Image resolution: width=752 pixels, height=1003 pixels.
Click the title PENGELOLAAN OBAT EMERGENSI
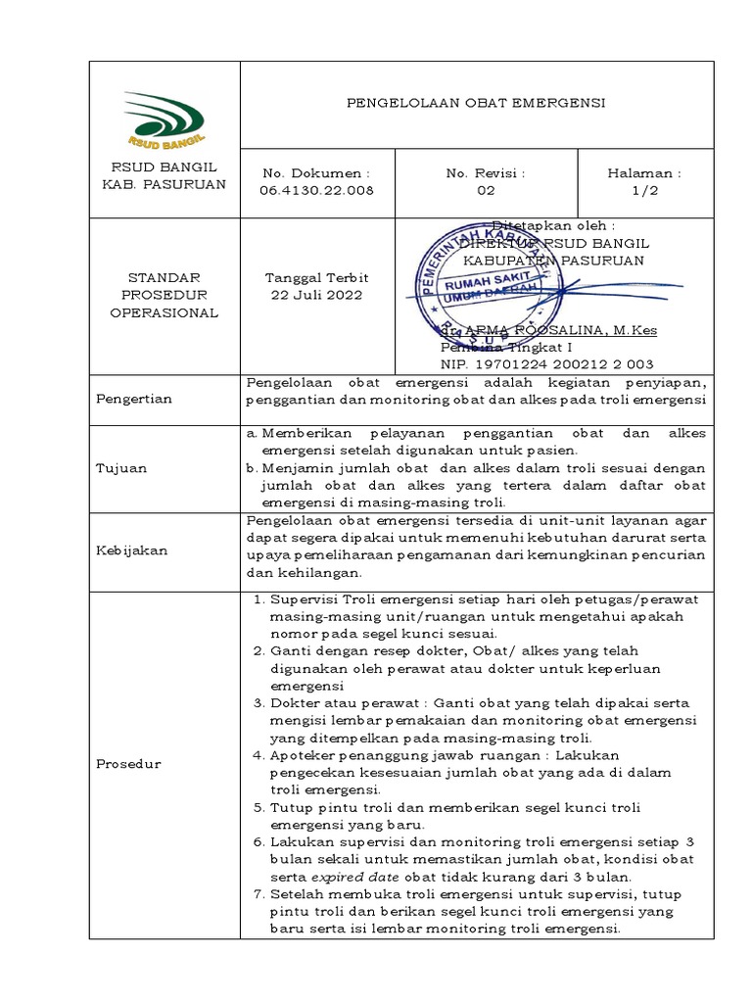tap(477, 103)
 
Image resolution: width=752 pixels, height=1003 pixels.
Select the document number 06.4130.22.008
tap(316, 191)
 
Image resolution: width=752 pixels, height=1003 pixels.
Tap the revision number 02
tap(486, 191)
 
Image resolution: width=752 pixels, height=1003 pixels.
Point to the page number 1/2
tap(644, 191)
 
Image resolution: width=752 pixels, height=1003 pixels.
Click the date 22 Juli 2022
tap(315, 295)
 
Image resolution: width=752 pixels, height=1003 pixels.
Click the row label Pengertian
tap(133, 399)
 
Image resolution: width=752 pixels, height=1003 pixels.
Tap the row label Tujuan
tap(121, 467)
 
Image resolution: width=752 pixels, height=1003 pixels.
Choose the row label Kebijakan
tap(131, 550)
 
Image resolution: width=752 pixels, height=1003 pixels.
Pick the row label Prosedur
tap(129, 763)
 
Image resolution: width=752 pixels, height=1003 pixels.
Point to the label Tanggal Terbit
tap(315, 277)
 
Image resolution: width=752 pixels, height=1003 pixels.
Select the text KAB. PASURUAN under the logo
tap(164, 183)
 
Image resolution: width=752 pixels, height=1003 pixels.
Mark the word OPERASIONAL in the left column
tap(164, 312)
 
